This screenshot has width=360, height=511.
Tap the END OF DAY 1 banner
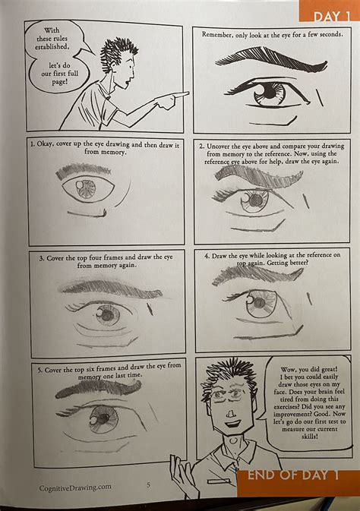pos(293,476)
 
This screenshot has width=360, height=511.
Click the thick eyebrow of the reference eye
pos(262,58)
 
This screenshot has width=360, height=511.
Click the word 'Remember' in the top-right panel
pos(219,35)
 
